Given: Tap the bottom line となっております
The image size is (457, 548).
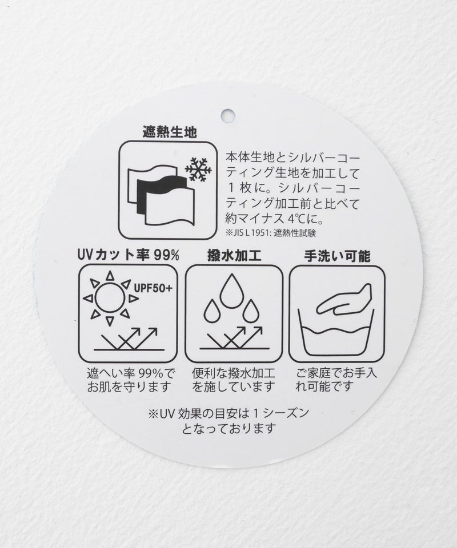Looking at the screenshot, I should tap(228, 428).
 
